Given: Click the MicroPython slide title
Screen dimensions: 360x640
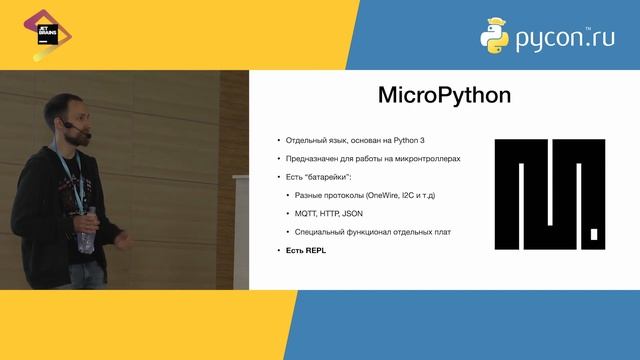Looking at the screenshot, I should pyautogui.click(x=444, y=96).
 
